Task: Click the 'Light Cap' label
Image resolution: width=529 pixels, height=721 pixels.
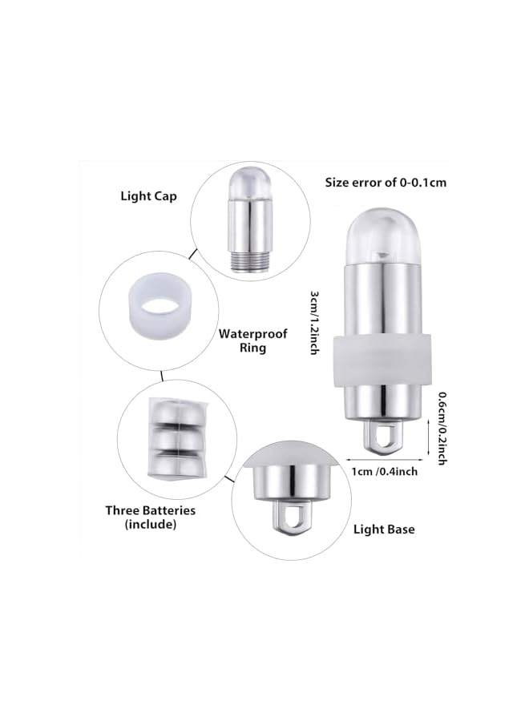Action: (x=148, y=195)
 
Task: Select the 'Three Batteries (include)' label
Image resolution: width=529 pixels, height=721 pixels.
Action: (x=151, y=517)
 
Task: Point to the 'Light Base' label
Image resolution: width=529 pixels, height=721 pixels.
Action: (x=384, y=530)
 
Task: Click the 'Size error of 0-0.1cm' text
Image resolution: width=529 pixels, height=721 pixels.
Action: (x=386, y=183)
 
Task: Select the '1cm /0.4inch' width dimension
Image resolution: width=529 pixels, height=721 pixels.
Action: (x=386, y=471)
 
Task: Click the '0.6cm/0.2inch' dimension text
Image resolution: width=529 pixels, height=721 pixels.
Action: (x=442, y=428)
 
